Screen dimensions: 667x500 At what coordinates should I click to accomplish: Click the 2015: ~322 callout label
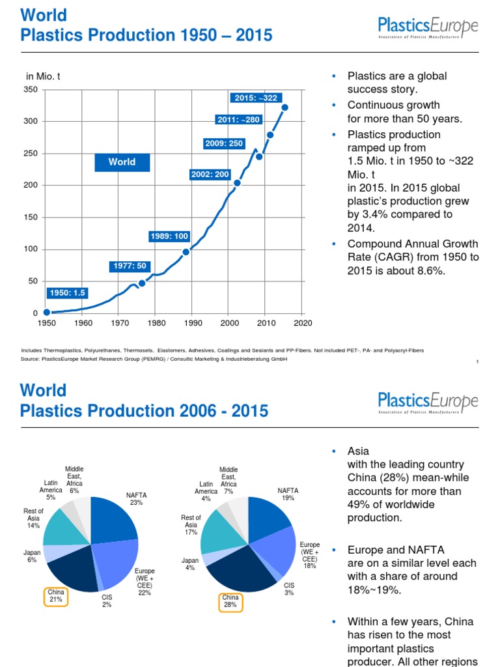point(256,98)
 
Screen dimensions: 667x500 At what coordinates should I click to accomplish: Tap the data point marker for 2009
point(259,156)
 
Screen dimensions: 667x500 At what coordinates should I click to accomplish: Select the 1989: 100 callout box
point(169,236)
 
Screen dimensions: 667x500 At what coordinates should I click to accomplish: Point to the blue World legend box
point(122,162)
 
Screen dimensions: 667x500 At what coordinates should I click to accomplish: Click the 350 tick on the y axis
point(31,90)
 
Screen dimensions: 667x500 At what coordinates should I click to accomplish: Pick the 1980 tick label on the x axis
point(155,322)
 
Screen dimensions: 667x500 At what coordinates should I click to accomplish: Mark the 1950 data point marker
point(46,313)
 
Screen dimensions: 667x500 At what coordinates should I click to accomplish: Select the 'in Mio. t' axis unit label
point(43,77)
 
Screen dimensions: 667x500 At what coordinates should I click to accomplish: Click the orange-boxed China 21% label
point(56,596)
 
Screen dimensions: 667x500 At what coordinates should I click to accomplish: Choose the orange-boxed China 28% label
point(230,601)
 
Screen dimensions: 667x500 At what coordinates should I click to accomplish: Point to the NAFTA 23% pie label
point(137,499)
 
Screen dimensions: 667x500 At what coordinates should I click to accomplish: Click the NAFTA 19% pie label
point(288,494)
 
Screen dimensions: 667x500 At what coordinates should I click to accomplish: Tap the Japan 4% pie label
point(190,564)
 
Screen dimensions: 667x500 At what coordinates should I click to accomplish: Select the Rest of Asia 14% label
point(33,518)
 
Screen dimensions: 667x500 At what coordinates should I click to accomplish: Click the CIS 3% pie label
point(289,589)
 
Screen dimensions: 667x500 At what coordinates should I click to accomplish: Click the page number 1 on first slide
point(477,362)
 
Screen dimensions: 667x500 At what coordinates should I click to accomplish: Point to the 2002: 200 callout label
point(210,175)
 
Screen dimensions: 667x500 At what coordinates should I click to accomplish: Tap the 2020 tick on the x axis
point(303,322)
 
